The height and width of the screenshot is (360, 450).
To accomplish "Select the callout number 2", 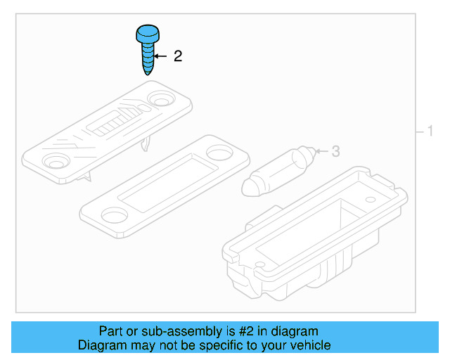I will [177, 56].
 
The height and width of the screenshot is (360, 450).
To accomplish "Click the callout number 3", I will [335, 151].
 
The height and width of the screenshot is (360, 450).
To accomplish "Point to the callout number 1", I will [430, 131].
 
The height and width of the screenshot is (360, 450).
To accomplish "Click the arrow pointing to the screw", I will [161, 56].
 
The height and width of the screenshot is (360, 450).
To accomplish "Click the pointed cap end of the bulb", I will [249, 188].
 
